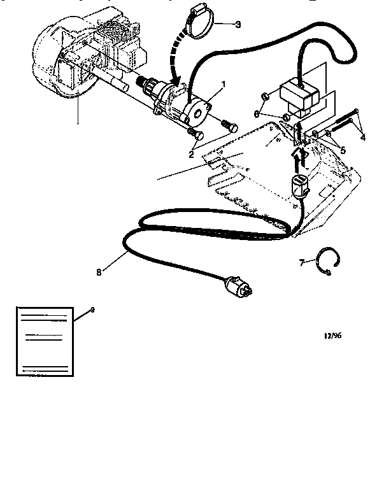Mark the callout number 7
[x=302, y=261]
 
